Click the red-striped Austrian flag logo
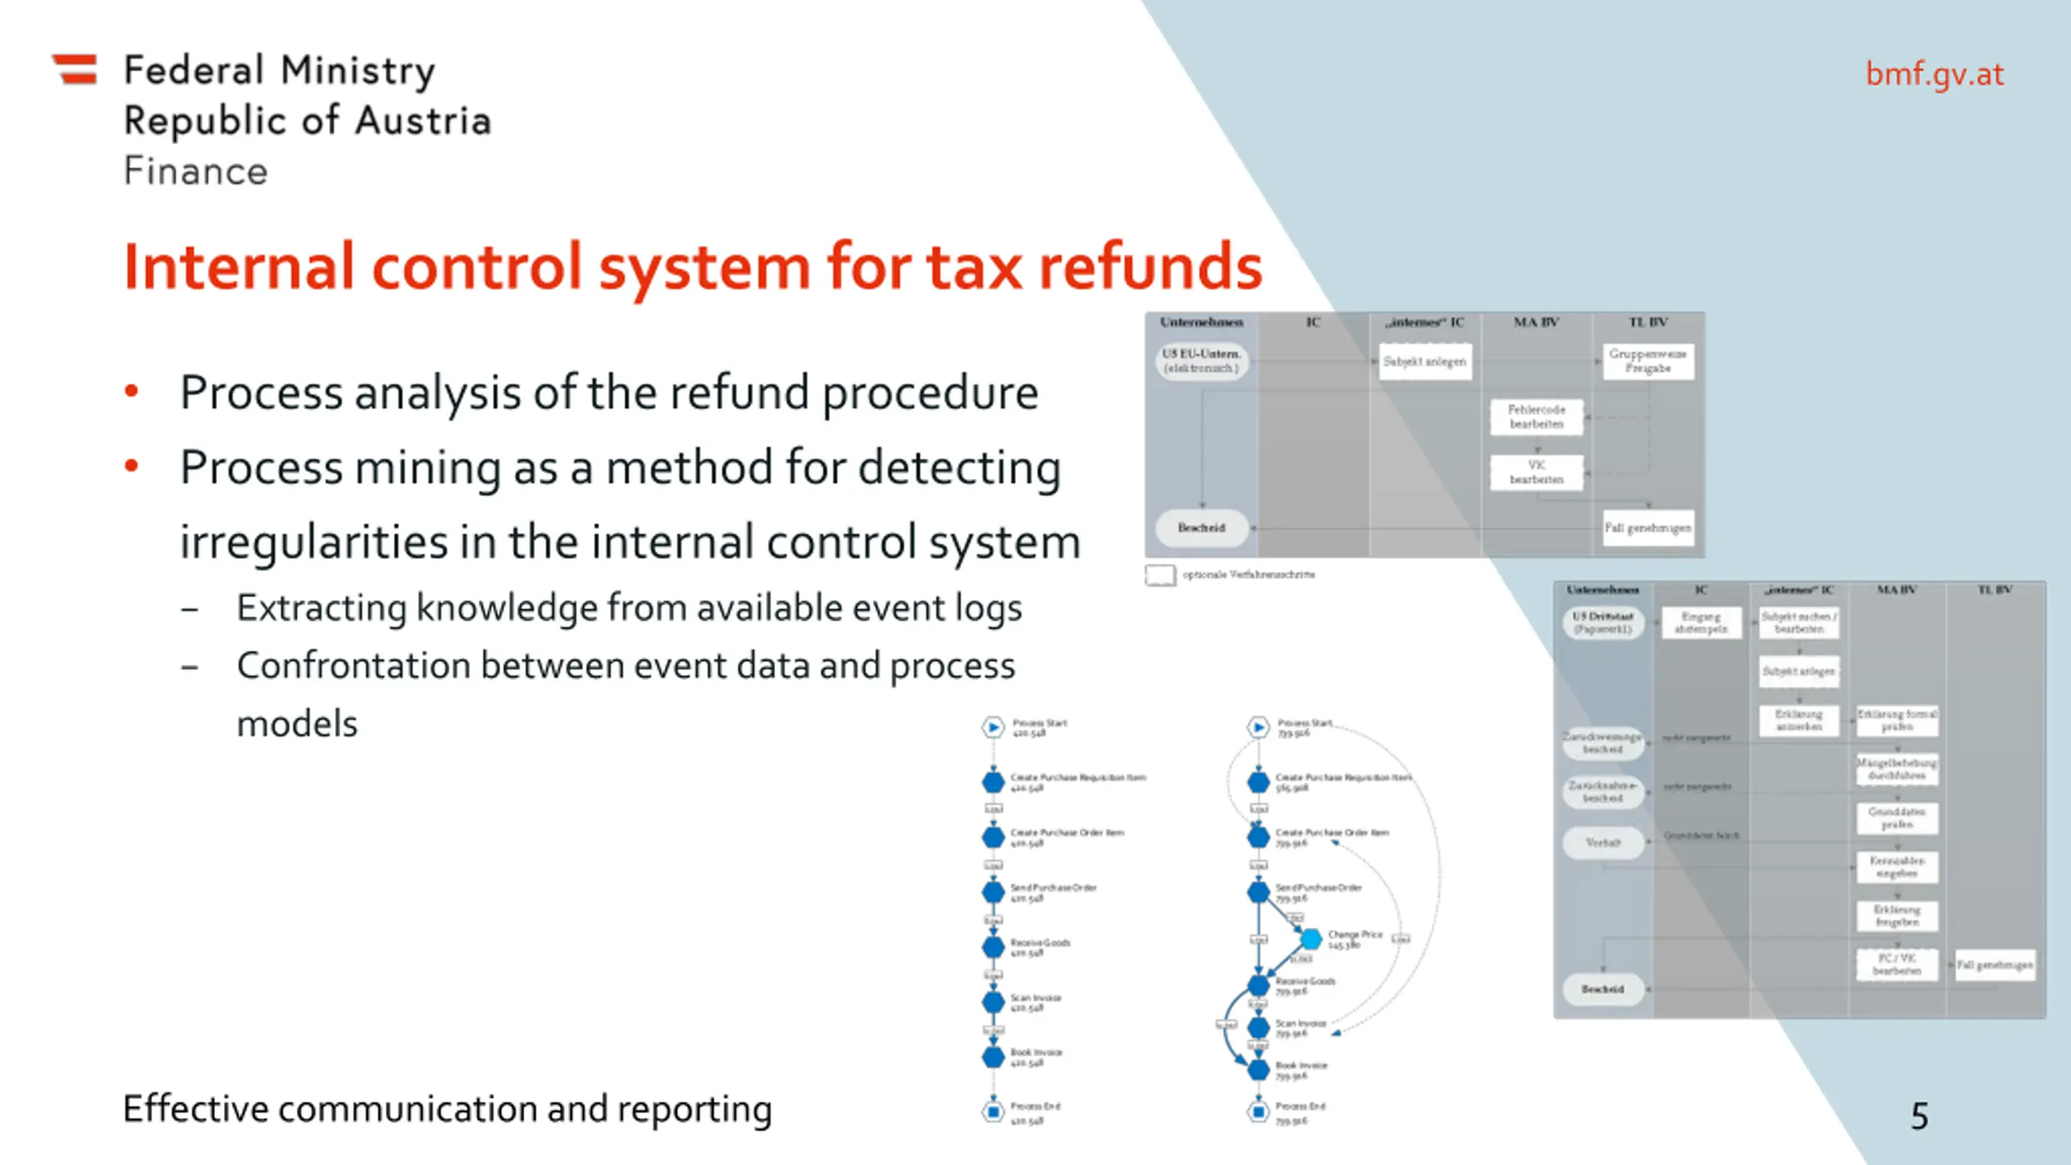(x=75, y=69)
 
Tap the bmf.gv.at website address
(x=1934, y=74)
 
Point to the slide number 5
(x=1919, y=1116)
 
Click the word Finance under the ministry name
(x=195, y=172)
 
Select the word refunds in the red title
(x=1150, y=266)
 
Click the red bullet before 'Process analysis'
(x=131, y=392)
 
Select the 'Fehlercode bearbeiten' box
(x=1535, y=417)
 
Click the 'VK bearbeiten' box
(x=1535, y=472)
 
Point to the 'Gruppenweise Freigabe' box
(x=1647, y=361)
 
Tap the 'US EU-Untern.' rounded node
(x=1201, y=361)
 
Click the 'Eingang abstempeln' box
(x=1700, y=622)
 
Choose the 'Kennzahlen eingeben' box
(x=1896, y=866)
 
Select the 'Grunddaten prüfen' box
(x=1896, y=818)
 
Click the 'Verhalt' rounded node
(x=1603, y=842)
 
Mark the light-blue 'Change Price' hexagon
(x=1311, y=938)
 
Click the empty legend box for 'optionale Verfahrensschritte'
(x=1160, y=574)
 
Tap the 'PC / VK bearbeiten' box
(x=1896, y=964)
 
